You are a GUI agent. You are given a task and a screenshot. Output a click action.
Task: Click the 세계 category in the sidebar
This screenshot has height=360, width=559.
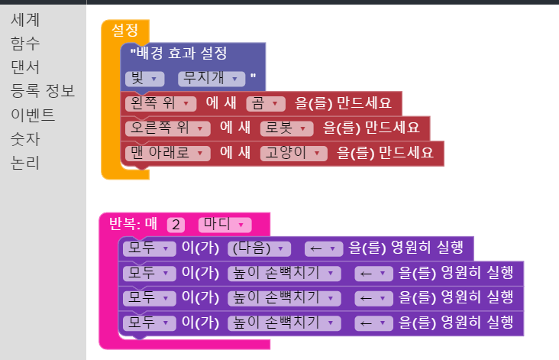(25, 20)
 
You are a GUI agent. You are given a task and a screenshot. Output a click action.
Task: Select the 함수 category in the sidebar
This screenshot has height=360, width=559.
(25, 44)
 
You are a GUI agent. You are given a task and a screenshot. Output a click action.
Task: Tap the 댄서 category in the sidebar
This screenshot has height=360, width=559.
(25, 67)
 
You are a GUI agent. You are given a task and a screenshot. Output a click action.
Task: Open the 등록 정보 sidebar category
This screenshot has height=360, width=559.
(42, 92)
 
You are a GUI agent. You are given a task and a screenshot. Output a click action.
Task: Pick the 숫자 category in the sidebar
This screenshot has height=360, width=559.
(25, 139)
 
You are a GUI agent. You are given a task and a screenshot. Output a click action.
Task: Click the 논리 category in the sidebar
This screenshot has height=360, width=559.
(25, 163)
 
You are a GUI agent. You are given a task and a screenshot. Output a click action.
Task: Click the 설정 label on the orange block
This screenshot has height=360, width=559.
(124, 30)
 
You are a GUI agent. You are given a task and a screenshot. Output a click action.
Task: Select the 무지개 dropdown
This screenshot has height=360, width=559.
(211, 78)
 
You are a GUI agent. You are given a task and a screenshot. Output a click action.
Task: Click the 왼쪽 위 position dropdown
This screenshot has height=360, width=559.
(161, 102)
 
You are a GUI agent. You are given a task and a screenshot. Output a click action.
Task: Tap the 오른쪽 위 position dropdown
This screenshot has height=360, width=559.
(168, 127)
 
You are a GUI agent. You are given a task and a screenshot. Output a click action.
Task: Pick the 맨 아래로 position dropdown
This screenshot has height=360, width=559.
(168, 152)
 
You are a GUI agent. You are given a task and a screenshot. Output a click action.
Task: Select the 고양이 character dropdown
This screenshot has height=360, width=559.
(294, 152)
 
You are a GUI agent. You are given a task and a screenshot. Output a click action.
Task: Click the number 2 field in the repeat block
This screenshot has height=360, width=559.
(176, 225)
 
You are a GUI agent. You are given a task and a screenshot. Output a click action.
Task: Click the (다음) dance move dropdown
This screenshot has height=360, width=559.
(260, 248)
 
